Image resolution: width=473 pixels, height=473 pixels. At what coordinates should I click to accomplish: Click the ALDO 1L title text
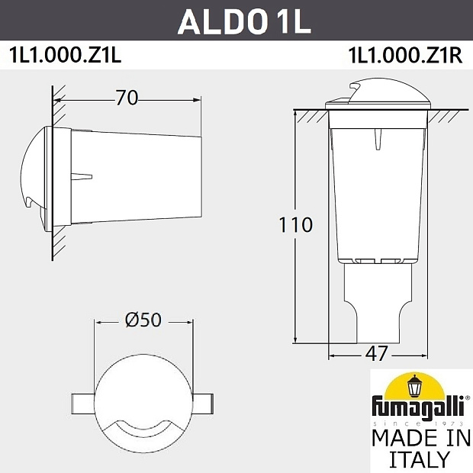point(244,21)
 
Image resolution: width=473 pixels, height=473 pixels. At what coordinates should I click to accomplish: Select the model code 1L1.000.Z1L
point(66,55)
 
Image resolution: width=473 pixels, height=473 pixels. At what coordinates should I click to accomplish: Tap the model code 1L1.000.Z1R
point(405,55)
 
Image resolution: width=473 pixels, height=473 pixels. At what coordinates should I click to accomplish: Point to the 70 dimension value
point(127,98)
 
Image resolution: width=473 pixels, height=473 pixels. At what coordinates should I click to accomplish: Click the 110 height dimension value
point(296,225)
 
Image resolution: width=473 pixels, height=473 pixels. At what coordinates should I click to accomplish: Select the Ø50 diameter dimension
point(143,320)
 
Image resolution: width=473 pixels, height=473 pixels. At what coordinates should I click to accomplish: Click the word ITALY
point(420,459)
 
